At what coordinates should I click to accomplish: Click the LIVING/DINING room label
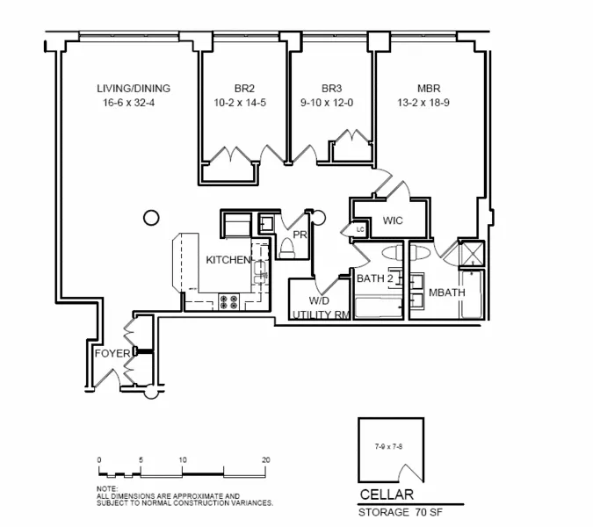[x=134, y=89]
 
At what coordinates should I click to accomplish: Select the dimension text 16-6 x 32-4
[x=134, y=104]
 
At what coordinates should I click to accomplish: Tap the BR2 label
[x=244, y=89]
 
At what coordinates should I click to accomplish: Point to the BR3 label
[x=331, y=89]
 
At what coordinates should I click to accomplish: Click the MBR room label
[x=429, y=89]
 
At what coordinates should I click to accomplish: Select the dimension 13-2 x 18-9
[x=429, y=104]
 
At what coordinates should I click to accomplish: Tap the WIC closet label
[x=393, y=220]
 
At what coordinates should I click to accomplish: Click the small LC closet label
[x=359, y=230]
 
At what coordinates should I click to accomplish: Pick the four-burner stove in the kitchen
[x=230, y=301]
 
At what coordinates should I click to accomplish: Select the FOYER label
[x=112, y=354]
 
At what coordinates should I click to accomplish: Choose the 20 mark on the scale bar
[x=265, y=459]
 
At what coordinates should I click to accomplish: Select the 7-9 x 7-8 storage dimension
[x=388, y=447]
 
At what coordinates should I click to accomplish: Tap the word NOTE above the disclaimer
[x=105, y=488]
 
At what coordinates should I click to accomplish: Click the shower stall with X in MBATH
[x=473, y=255]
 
